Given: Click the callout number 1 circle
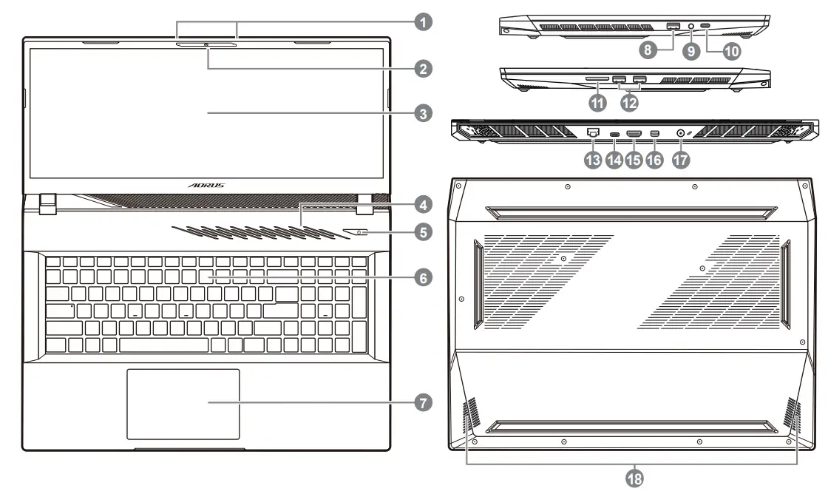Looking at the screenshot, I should pyautogui.click(x=422, y=22).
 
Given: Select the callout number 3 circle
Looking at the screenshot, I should pyautogui.click(x=422, y=114).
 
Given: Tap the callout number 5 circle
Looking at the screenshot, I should pyautogui.click(x=422, y=232).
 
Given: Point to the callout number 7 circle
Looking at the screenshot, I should pyautogui.click(x=422, y=403).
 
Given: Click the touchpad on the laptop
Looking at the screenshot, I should pyautogui.click(x=183, y=404).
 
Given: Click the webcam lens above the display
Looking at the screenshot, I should pyautogui.click(x=206, y=45).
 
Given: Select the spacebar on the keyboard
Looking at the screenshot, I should pyautogui.click(x=163, y=345).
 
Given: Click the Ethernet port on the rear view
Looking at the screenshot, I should pyautogui.click(x=593, y=133).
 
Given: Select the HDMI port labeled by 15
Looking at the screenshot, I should pyautogui.click(x=634, y=133).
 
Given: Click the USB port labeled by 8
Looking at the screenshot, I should pyautogui.click(x=672, y=27).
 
